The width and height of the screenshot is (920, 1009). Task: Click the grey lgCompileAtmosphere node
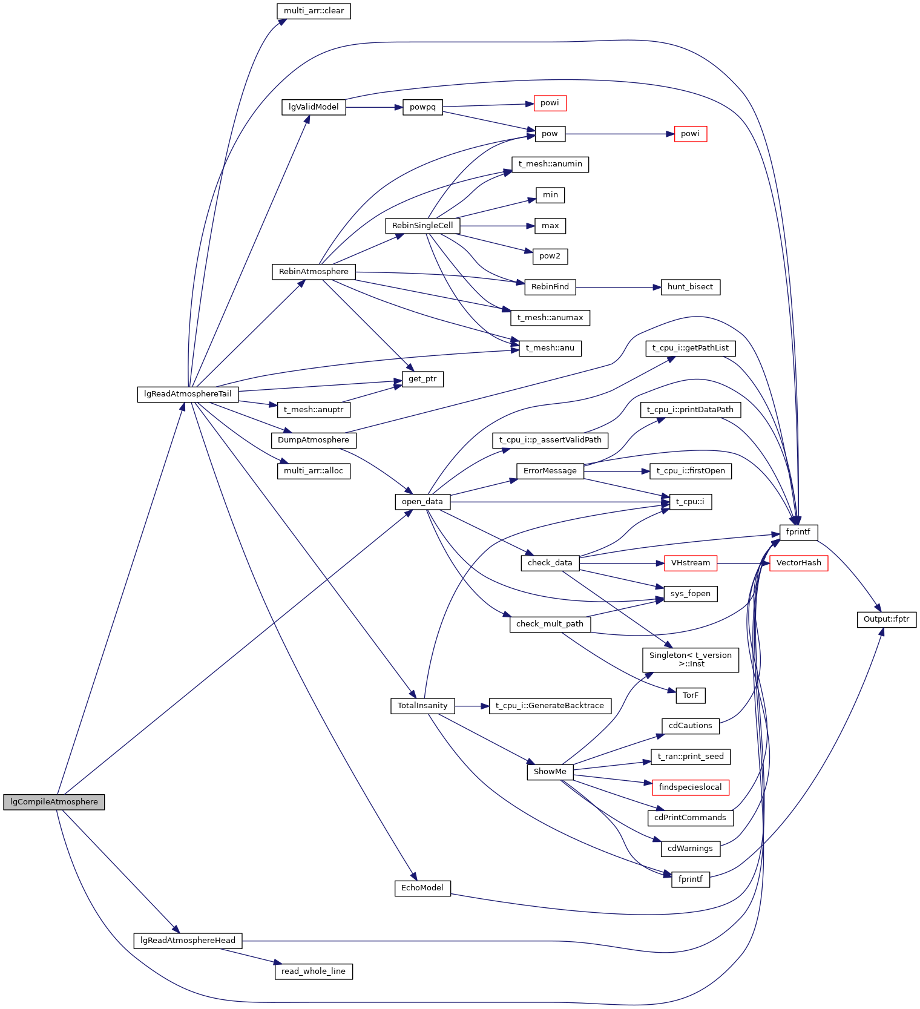[54, 802]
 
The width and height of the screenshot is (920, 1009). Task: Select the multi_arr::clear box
[314, 11]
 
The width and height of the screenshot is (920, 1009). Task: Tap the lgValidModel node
[314, 107]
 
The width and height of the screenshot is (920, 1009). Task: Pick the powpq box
[422, 107]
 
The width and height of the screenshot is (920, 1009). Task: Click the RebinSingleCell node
[422, 226]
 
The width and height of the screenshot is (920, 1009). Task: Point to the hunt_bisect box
[690, 287]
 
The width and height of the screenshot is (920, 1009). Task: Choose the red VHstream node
[690, 563]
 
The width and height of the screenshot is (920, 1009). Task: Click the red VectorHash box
[798, 563]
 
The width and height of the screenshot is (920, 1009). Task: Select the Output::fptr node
[886, 619]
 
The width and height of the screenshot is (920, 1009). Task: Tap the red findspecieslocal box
[690, 787]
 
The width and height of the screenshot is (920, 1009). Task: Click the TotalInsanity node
[422, 706]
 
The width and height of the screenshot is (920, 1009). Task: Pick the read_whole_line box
[314, 971]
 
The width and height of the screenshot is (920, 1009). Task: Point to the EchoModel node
[422, 888]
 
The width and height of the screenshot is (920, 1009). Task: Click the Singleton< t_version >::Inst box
[690, 660]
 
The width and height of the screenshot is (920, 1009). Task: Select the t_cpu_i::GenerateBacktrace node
[550, 706]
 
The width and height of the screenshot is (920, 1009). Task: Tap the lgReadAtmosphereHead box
[188, 941]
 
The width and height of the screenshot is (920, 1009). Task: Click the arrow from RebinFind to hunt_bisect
[614, 287]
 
